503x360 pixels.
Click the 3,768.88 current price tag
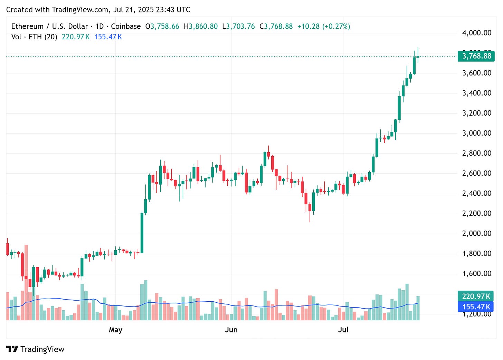476,56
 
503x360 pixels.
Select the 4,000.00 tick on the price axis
476,33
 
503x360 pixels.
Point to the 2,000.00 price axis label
476,233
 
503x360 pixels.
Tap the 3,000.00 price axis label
476,133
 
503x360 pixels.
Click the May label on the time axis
115,330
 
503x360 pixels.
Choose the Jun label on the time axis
231,330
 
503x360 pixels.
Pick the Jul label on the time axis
343,330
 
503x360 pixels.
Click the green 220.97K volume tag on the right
476,296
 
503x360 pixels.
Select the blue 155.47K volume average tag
476,307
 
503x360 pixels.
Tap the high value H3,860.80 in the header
201,27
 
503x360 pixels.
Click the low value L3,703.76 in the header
238,27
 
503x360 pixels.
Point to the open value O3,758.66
162,27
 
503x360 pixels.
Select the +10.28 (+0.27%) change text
324,27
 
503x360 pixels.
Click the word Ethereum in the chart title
27,27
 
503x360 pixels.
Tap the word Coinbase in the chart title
126,27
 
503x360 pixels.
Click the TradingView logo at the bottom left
35,349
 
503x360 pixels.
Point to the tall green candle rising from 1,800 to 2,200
142,233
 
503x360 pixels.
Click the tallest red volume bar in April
26,282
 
